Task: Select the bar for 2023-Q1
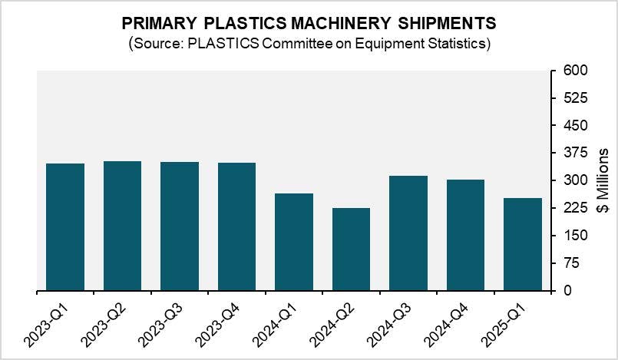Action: tap(65, 227)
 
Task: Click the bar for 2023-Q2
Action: tap(122, 226)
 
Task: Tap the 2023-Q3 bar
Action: tap(180, 226)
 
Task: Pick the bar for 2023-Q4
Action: tap(236, 226)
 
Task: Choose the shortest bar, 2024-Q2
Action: tap(351, 249)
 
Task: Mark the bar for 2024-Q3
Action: tap(408, 233)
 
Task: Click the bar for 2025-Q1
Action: tap(523, 244)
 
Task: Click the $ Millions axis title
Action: tap(602, 180)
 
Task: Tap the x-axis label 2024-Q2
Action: tap(331, 322)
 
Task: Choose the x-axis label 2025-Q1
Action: tap(503, 322)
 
